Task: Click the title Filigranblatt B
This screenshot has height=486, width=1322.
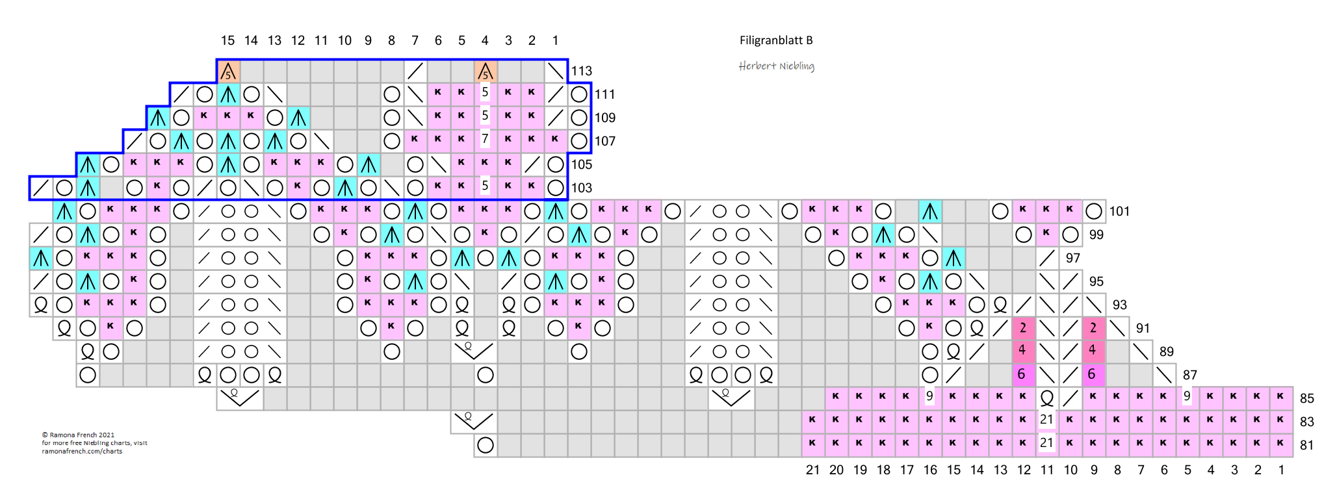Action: click(775, 40)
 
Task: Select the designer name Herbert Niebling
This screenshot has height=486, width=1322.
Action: click(776, 66)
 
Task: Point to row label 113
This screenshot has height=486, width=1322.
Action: click(582, 71)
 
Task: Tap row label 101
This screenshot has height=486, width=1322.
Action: click(1119, 211)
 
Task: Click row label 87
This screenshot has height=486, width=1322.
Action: click(1189, 375)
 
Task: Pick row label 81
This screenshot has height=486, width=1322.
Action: click(1306, 445)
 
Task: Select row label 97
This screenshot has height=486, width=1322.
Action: click(1072, 258)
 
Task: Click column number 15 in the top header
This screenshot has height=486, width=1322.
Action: click(227, 40)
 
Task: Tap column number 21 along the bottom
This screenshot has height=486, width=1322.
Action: click(812, 470)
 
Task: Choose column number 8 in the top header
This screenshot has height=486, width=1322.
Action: click(391, 40)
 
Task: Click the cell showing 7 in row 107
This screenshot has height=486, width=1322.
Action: click(485, 140)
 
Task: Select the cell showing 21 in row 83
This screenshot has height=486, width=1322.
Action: click(1046, 420)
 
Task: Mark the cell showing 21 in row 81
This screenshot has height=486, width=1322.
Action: click(1046, 444)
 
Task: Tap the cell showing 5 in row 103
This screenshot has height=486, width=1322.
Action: click(485, 186)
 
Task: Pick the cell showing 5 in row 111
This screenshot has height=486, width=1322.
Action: click(485, 93)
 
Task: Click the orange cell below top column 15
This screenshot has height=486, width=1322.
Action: click(228, 71)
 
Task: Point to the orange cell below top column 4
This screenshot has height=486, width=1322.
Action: click(486, 71)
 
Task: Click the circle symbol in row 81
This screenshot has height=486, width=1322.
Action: click(486, 445)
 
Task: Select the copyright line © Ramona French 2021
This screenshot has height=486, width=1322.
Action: click(78, 435)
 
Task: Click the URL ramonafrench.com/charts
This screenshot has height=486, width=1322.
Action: click(82, 451)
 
